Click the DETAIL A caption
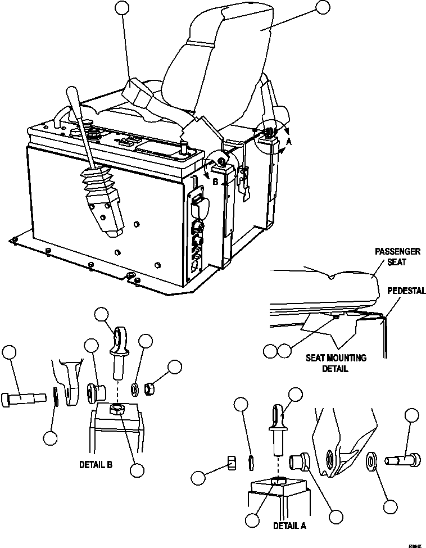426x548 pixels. point(289,526)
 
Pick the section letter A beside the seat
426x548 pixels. point(289,143)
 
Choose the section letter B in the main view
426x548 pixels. point(215,182)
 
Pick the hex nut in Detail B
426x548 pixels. point(151,388)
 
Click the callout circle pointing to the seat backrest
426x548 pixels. point(322,7)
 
